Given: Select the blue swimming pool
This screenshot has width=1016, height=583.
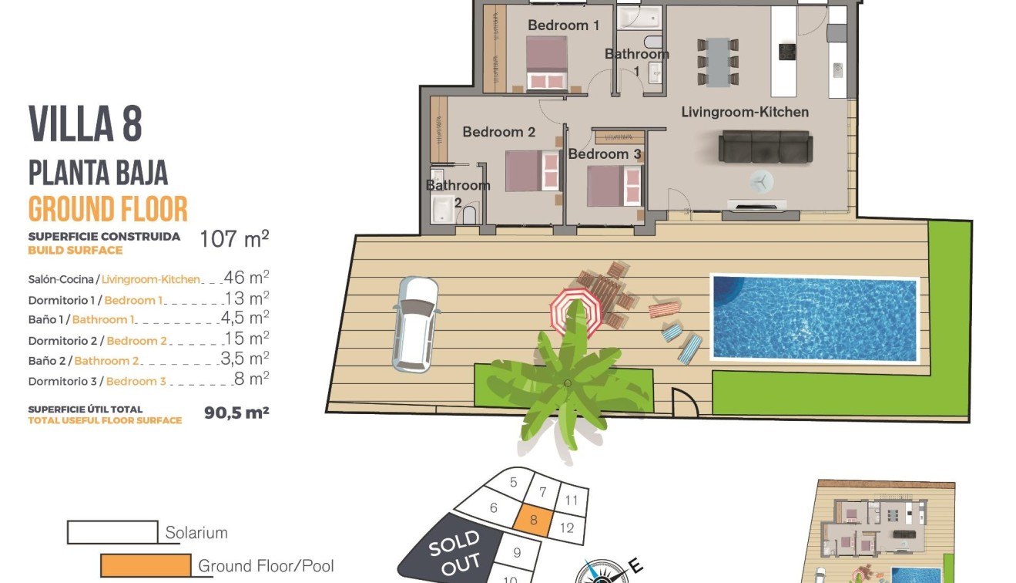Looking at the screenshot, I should click(815, 318).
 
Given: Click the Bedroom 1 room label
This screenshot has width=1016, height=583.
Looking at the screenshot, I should click(563, 25).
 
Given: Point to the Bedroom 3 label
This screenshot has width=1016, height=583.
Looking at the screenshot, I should click(604, 154).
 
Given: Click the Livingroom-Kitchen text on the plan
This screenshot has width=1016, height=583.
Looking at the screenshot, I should click(744, 113).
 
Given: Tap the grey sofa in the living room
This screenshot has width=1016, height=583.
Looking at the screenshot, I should click(764, 147).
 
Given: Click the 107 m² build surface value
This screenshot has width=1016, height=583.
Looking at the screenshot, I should click(233, 239).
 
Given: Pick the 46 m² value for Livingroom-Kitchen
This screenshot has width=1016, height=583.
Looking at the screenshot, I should click(246, 278).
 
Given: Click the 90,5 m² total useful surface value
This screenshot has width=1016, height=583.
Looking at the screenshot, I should click(236, 413).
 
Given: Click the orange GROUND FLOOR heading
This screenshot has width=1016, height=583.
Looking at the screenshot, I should click(108, 210).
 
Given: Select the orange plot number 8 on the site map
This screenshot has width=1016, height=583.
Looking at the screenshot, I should click(533, 521).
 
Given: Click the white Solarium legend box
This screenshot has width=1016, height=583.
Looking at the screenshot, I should click(112, 532).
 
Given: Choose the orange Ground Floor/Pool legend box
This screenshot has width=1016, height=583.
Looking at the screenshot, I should click(146, 565).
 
